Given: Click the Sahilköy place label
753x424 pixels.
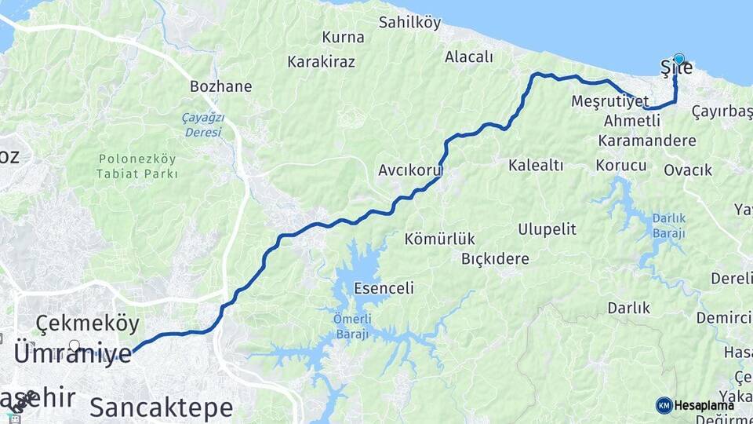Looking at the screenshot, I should (409, 22).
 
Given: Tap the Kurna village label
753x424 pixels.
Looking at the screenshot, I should (343, 37).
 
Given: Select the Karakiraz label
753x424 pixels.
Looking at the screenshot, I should (321, 61).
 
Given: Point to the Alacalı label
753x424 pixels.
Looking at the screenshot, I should (468, 57).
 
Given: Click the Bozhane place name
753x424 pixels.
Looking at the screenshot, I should (220, 86).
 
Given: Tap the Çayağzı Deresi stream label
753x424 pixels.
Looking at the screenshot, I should (203, 125).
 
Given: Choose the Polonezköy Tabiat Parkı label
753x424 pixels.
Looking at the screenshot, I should (137, 166).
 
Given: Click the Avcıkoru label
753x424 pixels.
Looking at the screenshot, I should (410, 170).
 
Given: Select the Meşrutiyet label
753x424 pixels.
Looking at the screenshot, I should (610, 102).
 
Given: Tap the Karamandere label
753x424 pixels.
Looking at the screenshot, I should (646, 141).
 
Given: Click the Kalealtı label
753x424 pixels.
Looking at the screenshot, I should (536, 165).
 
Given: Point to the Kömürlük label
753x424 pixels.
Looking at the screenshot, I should (440, 239).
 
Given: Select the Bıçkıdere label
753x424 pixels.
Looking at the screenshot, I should (495, 258).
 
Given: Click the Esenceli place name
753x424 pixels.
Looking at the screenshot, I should (384, 289).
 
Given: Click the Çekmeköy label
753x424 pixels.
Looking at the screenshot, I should (88, 323).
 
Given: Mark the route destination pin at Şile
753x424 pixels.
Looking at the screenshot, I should (678, 59).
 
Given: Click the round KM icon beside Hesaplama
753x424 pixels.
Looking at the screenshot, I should (664, 405).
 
